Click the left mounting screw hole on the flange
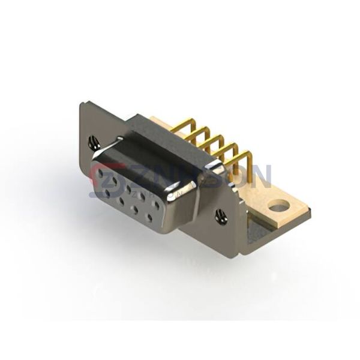94,143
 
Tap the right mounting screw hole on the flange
221,215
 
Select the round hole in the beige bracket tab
278,208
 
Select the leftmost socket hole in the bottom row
107,193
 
